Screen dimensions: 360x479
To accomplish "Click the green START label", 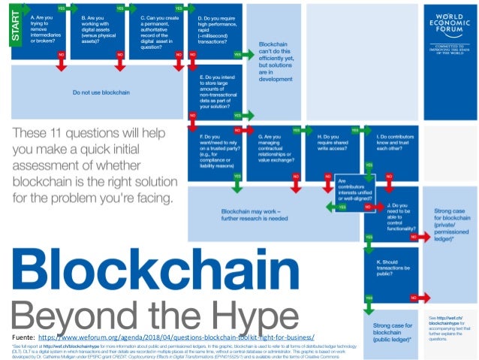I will tap(14, 28).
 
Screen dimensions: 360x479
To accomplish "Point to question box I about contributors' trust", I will tap(390, 151).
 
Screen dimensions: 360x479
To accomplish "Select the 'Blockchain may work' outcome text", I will tap(255, 215).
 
